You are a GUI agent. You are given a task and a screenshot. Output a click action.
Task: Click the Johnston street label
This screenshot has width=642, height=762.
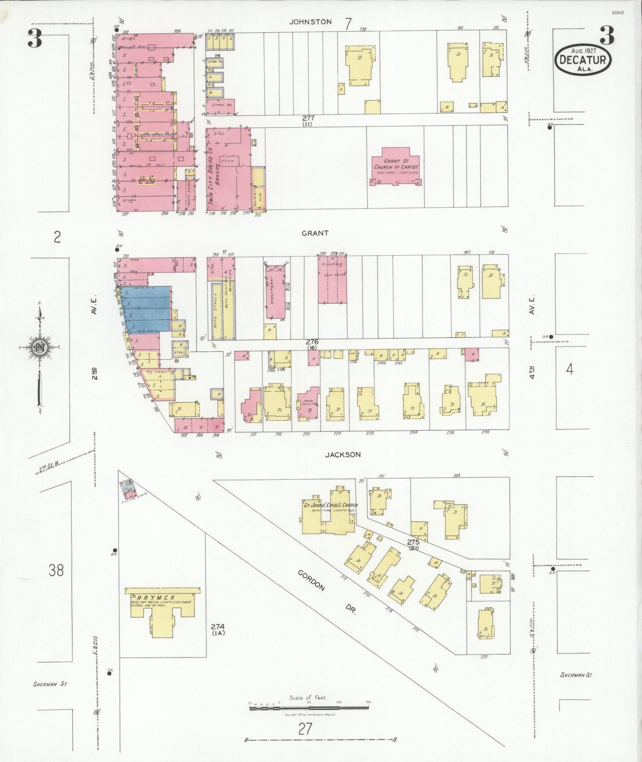[x=311, y=22]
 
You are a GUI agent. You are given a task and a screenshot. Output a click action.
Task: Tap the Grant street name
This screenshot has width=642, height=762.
[x=315, y=233]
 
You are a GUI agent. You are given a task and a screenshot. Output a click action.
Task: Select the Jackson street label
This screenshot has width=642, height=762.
[x=343, y=454]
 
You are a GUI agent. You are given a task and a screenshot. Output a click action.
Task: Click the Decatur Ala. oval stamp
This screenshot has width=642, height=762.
[x=582, y=59]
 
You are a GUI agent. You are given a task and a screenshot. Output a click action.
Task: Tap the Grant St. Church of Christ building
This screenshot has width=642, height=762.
[x=395, y=166]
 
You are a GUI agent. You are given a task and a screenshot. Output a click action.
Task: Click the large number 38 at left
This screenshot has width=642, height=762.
[x=56, y=570]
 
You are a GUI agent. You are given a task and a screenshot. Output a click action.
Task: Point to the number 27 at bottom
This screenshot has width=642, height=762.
[x=305, y=729]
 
